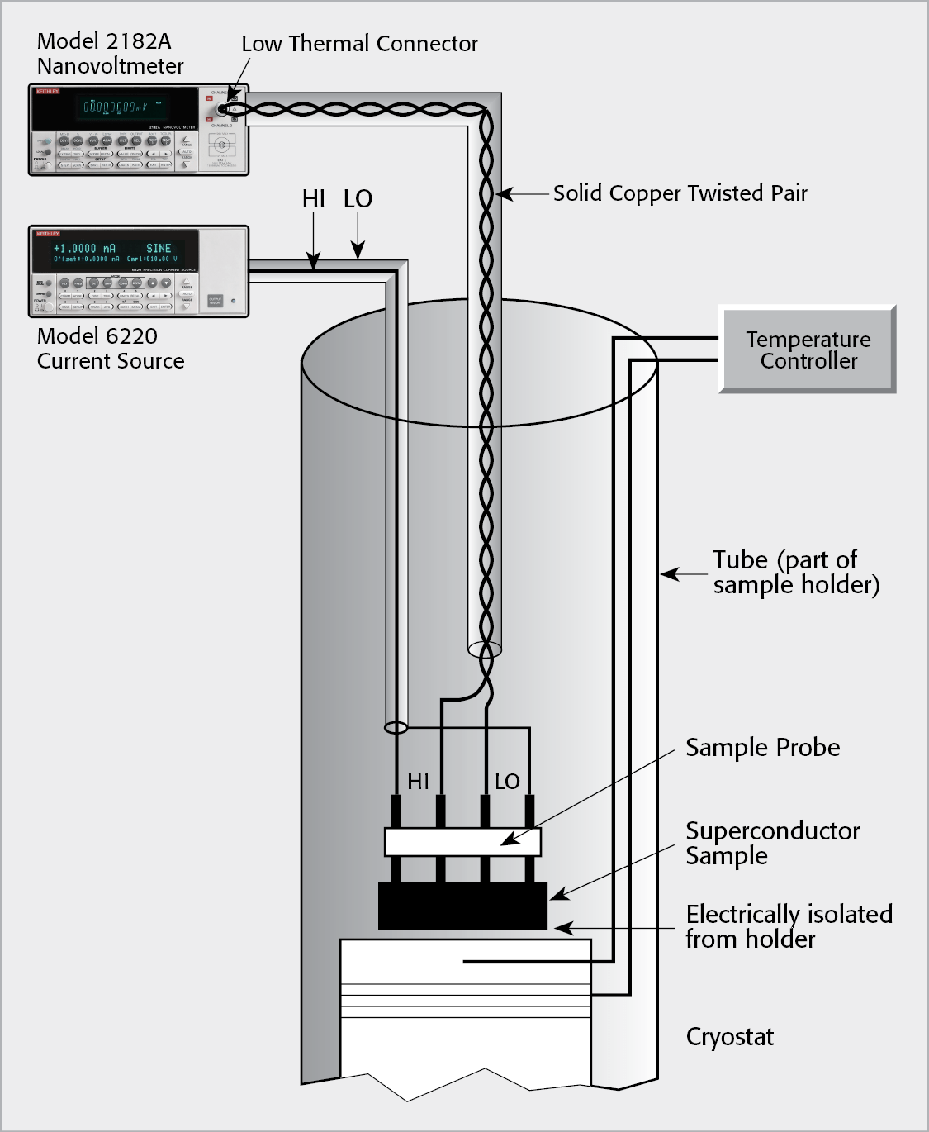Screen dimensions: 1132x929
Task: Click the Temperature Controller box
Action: [808, 350]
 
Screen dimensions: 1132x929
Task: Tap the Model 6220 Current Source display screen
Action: [115, 252]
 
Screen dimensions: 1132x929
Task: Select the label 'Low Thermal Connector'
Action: [359, 44]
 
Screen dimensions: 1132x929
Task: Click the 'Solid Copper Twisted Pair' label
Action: [680, 193]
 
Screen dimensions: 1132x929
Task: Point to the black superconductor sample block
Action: [462, 906]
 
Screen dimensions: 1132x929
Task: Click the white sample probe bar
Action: [462, 842]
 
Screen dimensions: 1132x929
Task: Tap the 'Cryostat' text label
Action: [729, 1037]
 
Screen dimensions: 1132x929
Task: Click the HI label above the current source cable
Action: [314, 199]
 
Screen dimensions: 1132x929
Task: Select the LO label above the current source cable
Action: [358, 199]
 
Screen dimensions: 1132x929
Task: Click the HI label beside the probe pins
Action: [419, 782]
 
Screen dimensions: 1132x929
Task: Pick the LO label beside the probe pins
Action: [507, 782]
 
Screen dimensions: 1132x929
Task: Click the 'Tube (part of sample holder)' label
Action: [795, 572]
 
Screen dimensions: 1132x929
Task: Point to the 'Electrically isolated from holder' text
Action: [789, 926]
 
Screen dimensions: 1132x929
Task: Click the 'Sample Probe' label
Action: [762, 748]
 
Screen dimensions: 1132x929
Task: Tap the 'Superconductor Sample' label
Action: [772, 843]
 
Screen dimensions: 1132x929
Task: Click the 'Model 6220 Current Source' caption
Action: [111, 349]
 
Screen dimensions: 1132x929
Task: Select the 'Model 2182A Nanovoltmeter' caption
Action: [110, 54]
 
